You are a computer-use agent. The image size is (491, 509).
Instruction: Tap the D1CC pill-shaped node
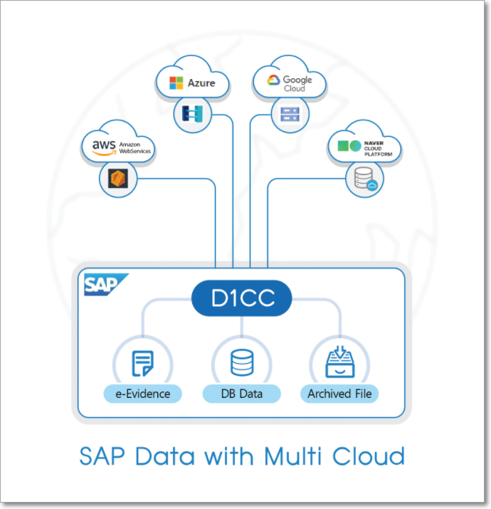click(x=242, y=299)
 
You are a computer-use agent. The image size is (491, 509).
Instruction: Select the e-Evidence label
click(x=142, y=393)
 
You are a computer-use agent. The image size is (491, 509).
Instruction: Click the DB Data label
click(x=241, y=393)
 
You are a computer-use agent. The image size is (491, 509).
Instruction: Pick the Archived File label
click(x=339, y=393)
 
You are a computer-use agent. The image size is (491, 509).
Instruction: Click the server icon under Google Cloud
click(x=290, y=113)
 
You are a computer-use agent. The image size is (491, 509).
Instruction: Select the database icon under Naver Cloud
click(x=363, y=179)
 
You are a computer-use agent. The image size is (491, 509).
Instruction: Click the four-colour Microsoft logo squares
click(x=176, y=83)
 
